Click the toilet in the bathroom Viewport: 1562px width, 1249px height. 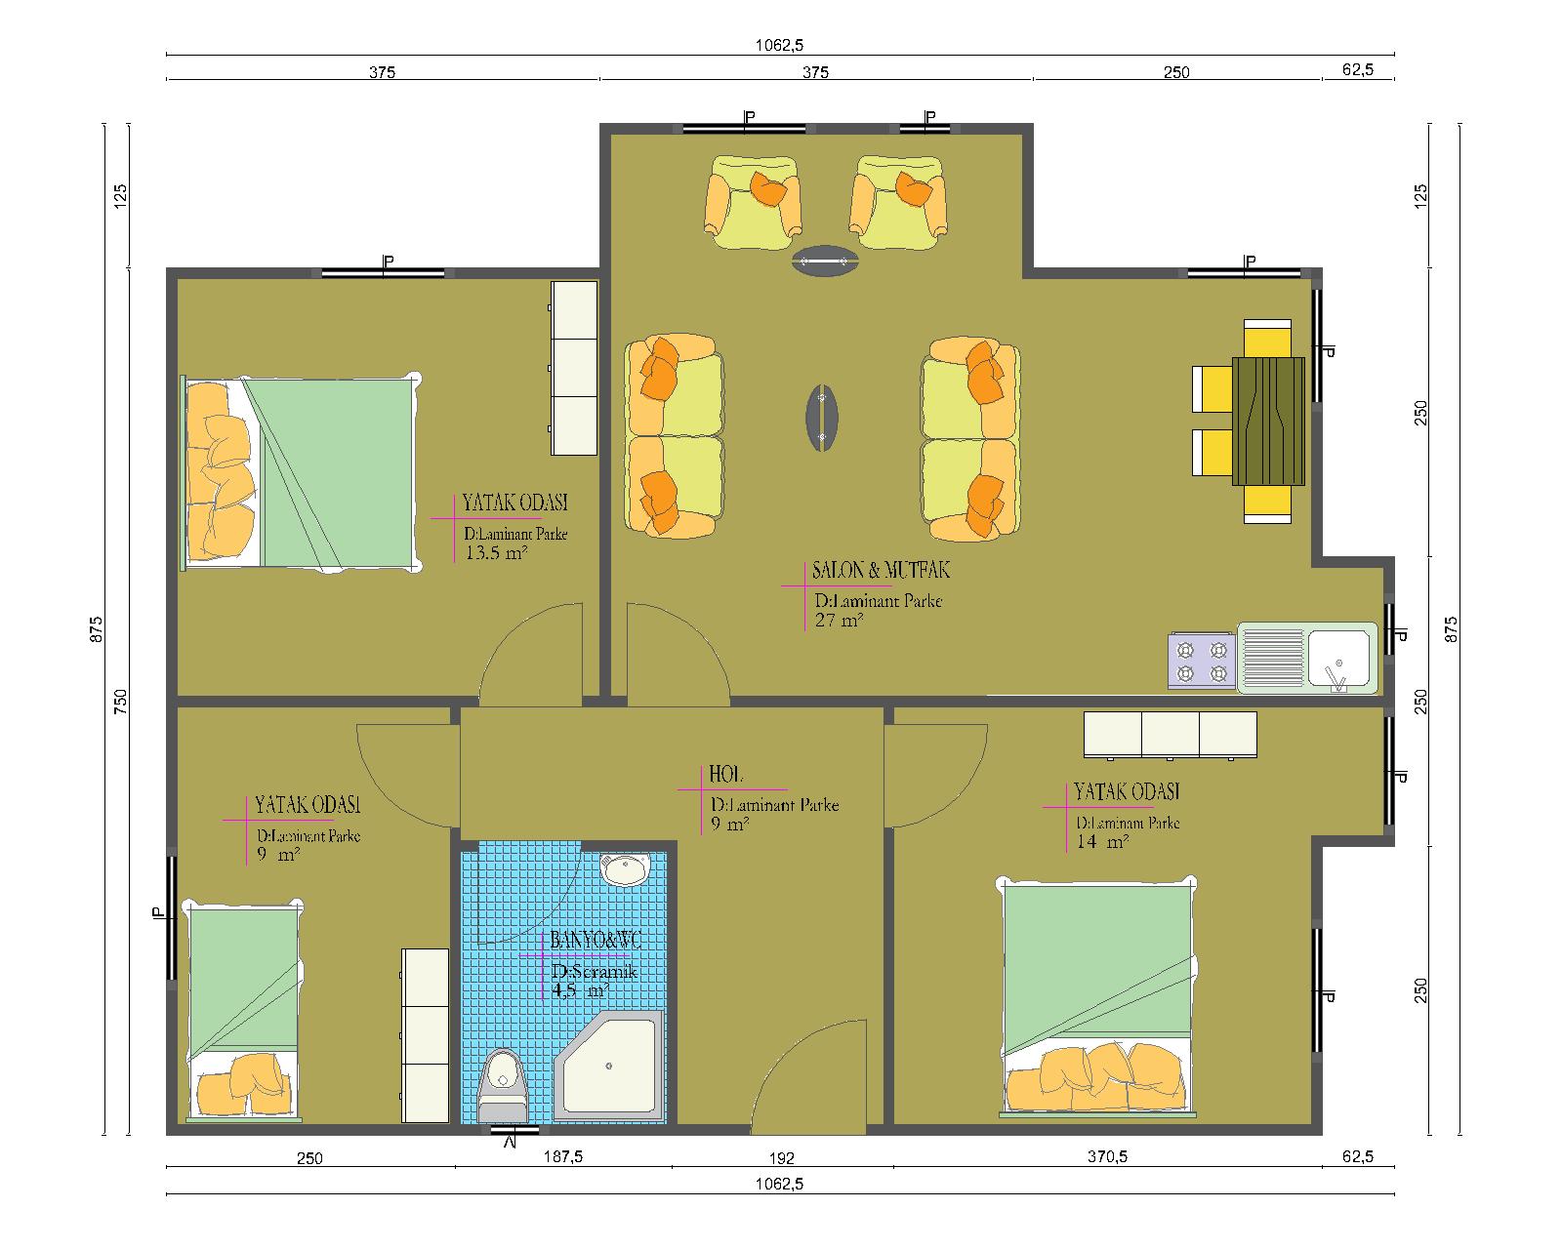(x=502, y=1086)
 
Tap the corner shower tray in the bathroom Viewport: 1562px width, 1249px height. (x=610, y=1065)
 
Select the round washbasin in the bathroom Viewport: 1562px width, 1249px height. (x=625, y=869)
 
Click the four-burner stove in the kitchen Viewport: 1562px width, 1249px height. (x=1201, y=662)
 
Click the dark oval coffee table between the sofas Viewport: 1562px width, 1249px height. (x=822, y=418)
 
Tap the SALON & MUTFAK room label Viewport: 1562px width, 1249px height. (x=881, y=571)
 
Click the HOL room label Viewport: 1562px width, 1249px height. (x=725, y=775)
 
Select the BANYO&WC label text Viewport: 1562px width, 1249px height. (x=596, y=941)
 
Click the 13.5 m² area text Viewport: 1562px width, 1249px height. (x=496, y=553)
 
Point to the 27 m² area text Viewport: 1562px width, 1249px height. (x=839, y=620)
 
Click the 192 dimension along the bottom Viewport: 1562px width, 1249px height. (x=782, y=1158)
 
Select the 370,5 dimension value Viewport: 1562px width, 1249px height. (x=1107, y=1156)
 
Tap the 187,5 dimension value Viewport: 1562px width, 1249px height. (x=563, y=1156)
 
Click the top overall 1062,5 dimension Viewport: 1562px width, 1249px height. (x=779, y=45)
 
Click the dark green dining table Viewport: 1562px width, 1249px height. (x=1268, y=421)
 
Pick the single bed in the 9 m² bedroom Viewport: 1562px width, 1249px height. (x=244, y=1013)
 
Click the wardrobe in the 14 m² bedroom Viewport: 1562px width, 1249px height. (x=1171, y=735)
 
